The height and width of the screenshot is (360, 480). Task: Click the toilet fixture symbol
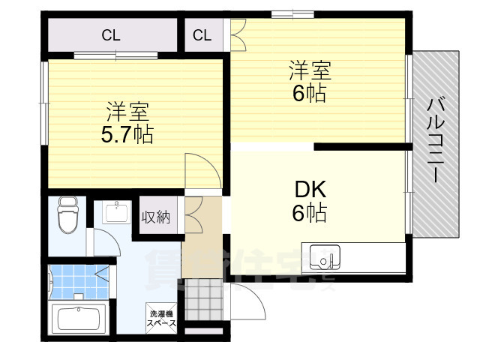(x=67, y=216)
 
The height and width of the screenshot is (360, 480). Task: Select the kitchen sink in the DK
(x=325, y=256)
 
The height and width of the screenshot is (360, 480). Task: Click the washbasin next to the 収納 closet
(x=117, y=213)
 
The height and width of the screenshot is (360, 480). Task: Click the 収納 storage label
(x=157, y=217)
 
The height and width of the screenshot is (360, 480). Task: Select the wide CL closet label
(x=112, y=34)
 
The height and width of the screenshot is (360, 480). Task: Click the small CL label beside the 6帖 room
(x=202, y=34)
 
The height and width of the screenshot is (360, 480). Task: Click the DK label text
(x=309, y=189)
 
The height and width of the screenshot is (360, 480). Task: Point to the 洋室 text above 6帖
(x=309, y=72)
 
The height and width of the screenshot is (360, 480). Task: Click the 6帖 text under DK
(x=309, y=214)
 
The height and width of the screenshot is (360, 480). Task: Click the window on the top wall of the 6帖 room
(x=292, y=13)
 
